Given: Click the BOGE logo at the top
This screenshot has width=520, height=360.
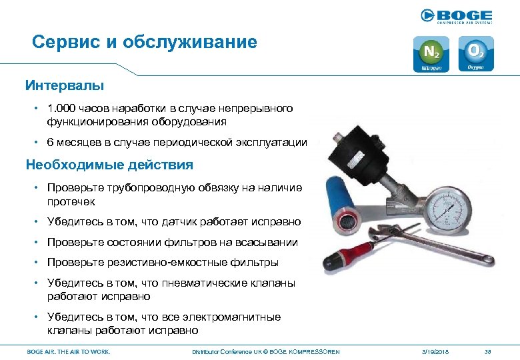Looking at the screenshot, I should click(457, 16).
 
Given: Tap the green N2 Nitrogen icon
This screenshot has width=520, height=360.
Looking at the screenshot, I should click(431, 54).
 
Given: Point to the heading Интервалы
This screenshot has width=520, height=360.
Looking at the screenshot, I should click(65, 85).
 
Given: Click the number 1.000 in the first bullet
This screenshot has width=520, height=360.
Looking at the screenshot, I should click(60, 108).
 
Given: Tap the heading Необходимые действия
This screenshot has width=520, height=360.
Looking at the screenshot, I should click(109, 165).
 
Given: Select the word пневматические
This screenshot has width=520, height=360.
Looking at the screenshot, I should click(203, 283).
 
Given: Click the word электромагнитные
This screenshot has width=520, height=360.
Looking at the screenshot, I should click(231, 317).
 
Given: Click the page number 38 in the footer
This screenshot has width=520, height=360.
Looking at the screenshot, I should click(487, 351).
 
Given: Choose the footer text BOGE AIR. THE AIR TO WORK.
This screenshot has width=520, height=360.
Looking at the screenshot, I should click(68, 351).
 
